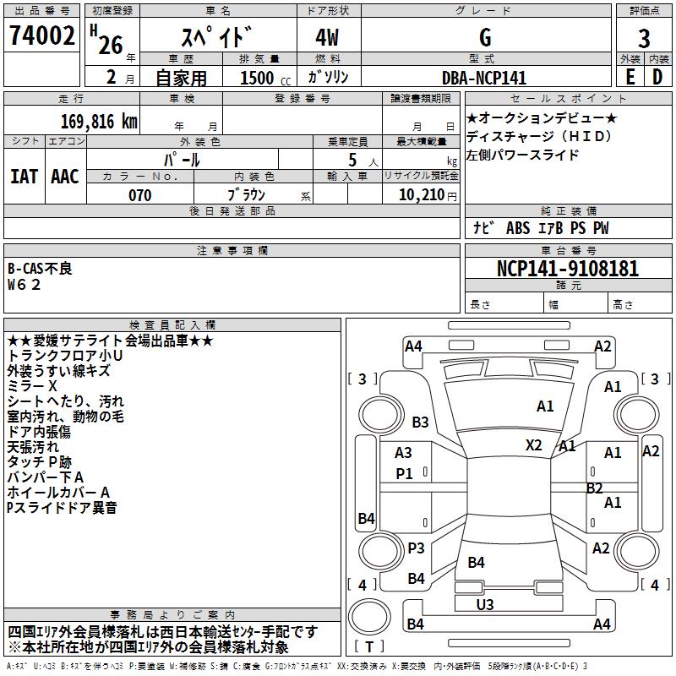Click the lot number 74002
41,35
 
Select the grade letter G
484,37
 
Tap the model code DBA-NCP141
484,78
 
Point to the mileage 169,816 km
98,121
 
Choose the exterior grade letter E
630,77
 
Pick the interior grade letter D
657,77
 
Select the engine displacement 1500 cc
259,78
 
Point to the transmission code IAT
24,176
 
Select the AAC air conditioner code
65,176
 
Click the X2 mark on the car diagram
534,444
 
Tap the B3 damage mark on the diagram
420,422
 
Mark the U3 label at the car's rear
485,604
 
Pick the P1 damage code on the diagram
405,474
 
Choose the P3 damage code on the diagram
416,548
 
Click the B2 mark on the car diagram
594,488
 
